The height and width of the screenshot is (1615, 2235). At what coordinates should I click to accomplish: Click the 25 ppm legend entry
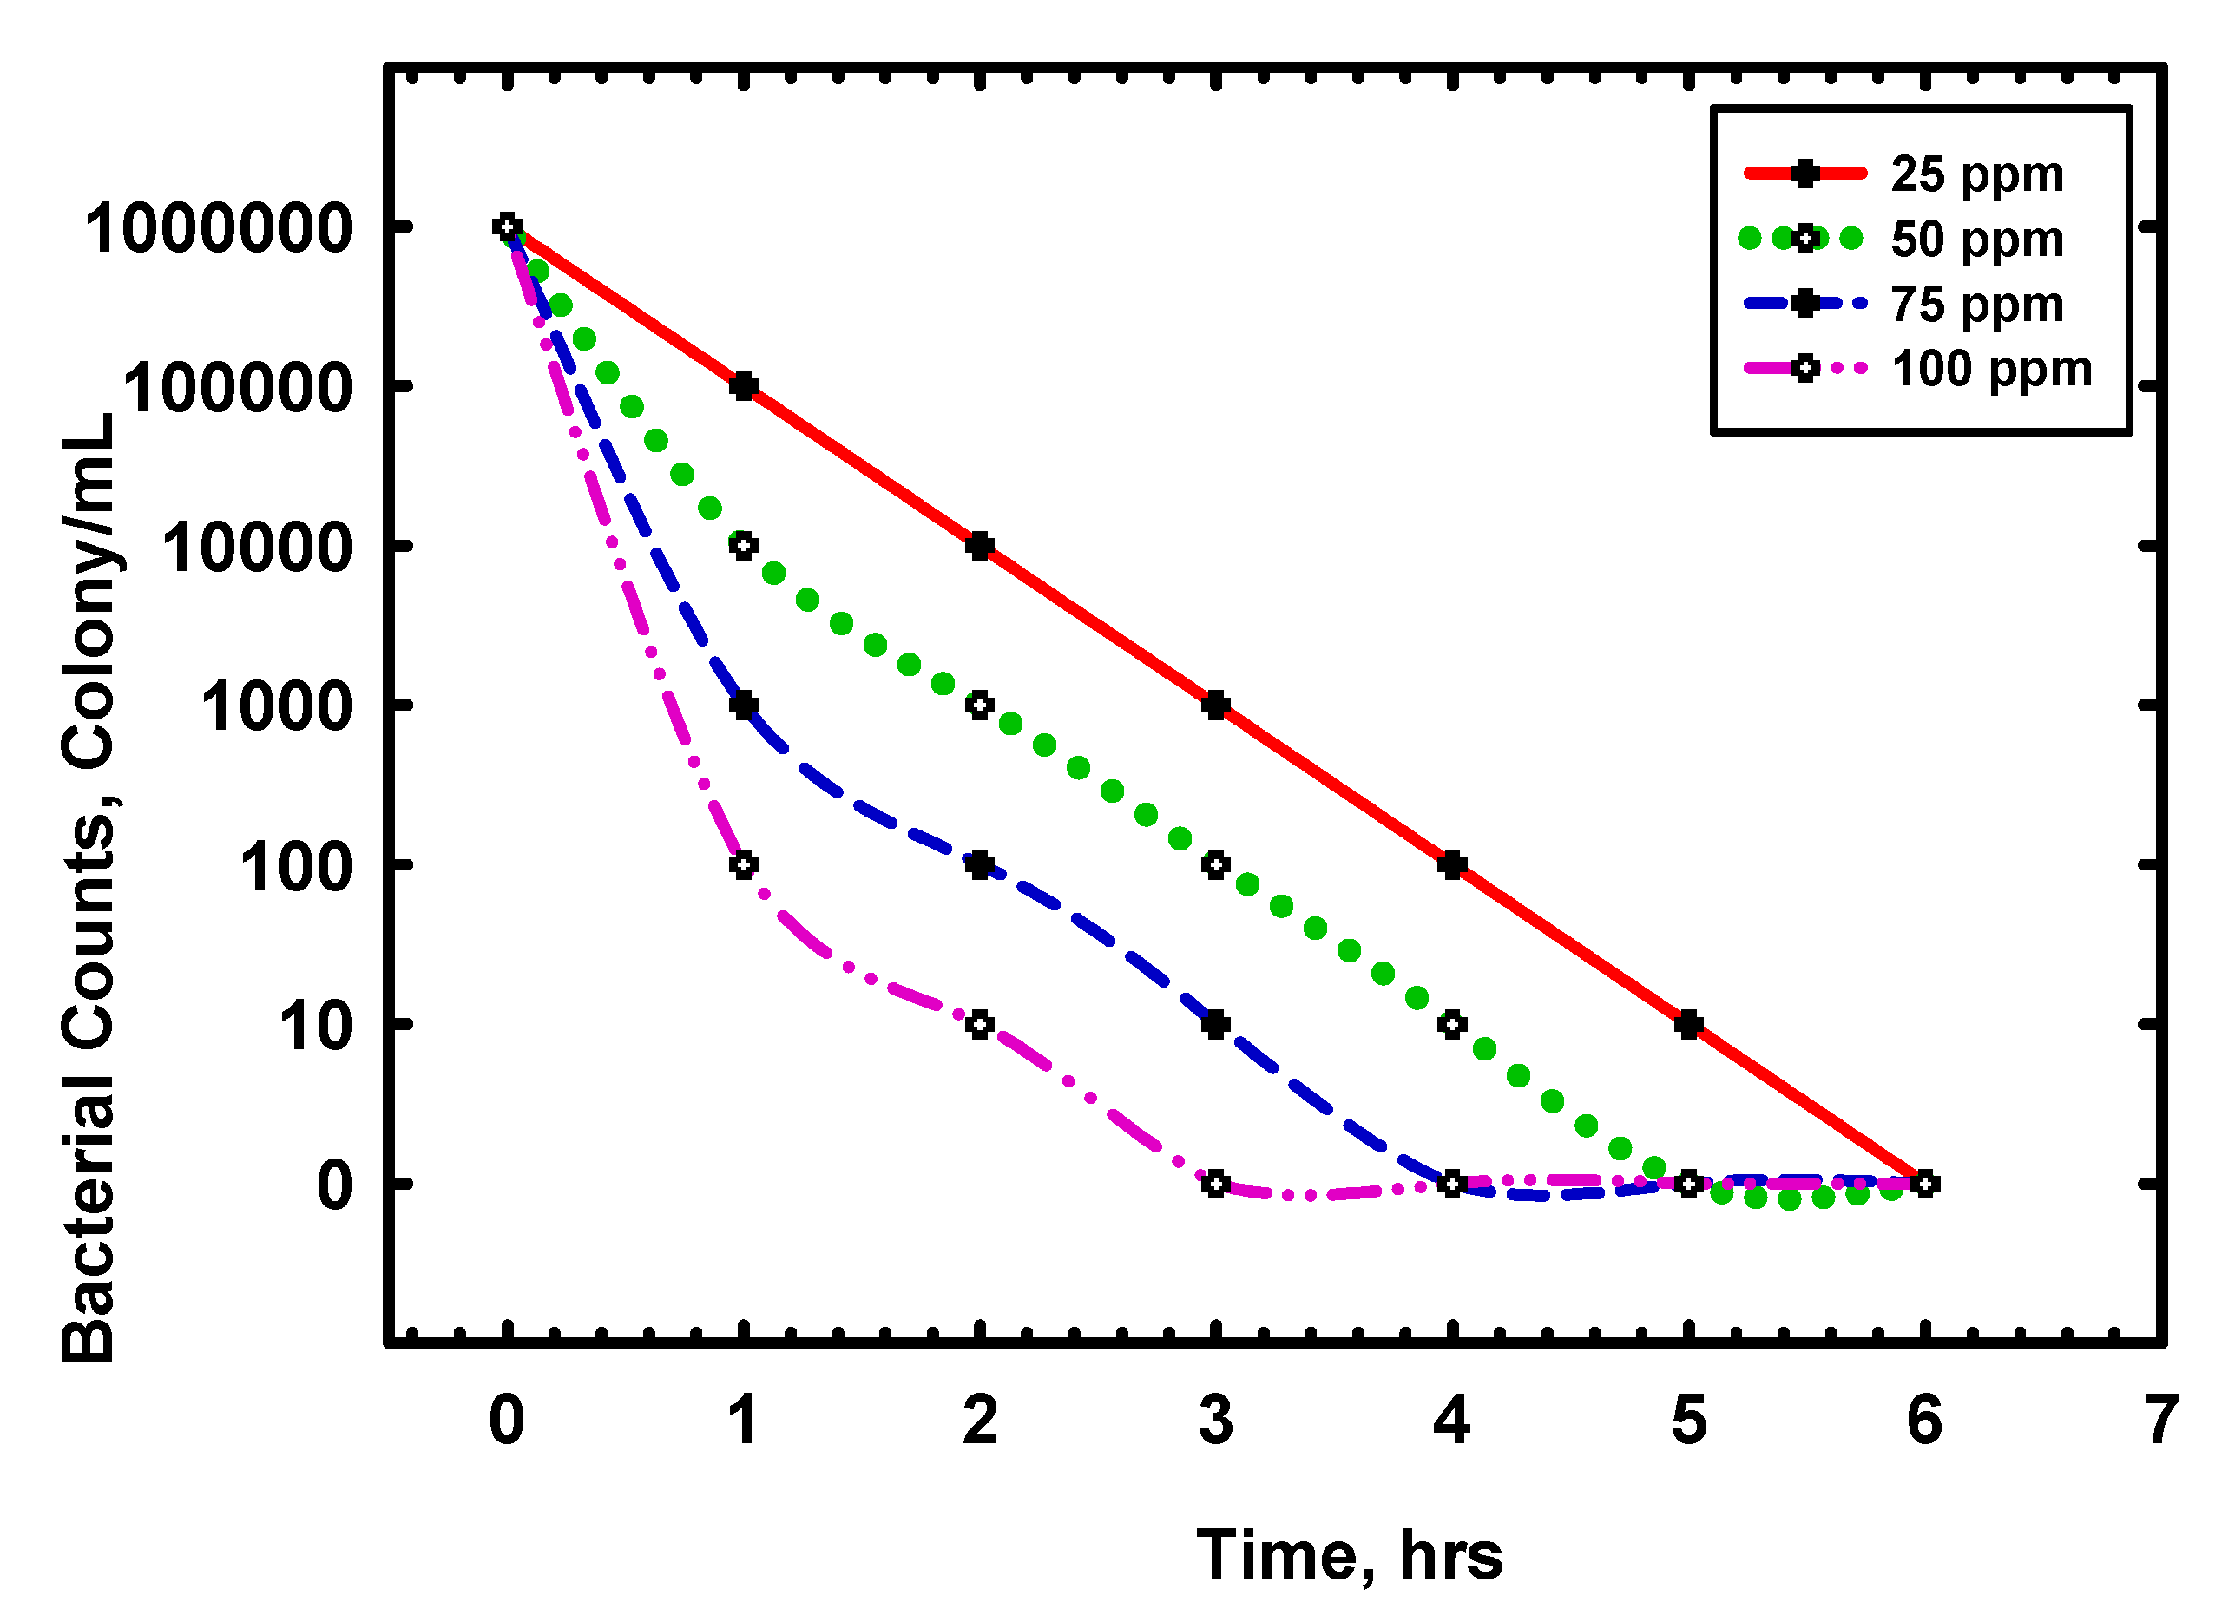click(1975, 174)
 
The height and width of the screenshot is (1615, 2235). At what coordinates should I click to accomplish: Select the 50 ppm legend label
click(1975, 240)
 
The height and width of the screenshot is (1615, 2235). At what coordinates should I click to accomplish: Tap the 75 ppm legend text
click(1975, 305)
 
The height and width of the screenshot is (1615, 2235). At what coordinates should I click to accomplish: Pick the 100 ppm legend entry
click(1990, 370)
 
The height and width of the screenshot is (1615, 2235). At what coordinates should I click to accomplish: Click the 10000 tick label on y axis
click(257, 548)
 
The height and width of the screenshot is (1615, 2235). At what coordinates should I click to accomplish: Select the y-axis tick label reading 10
click(315, 1026)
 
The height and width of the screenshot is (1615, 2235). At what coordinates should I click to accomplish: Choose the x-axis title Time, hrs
click(1349, 1555)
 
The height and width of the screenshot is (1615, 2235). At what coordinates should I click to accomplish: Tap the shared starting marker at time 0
click(508, 226)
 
